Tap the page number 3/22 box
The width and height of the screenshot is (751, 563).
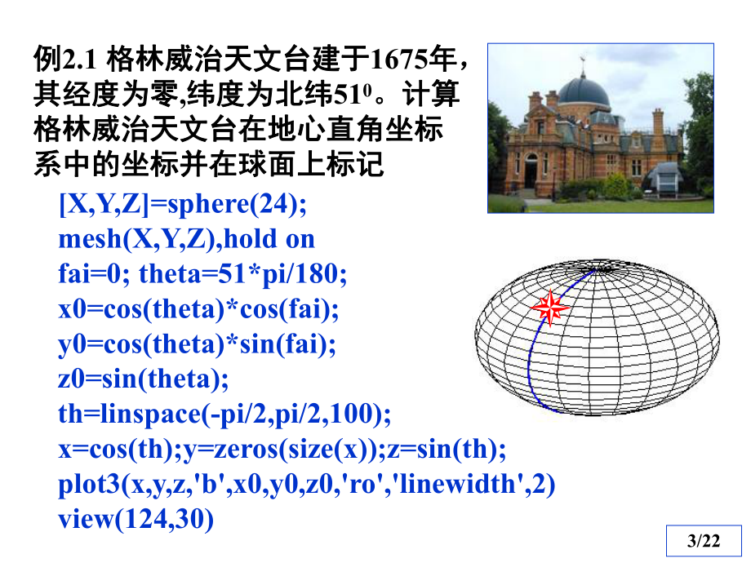click(704, 540)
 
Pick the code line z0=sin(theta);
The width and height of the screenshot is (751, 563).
click(144, 379)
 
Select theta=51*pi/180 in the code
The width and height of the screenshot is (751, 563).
click(243, 275)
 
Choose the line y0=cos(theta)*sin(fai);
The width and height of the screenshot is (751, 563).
click(197, 345)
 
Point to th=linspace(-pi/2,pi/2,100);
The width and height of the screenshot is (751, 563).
click(224, 414)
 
